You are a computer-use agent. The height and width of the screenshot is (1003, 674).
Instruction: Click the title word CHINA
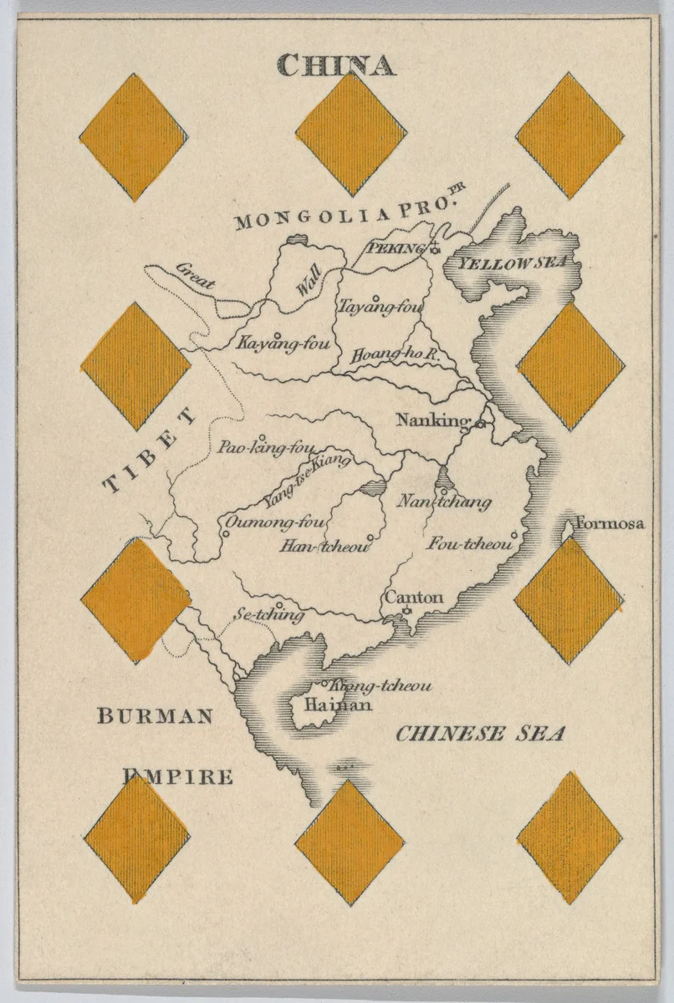tap(335, 64)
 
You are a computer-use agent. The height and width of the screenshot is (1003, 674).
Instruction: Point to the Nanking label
tap(428, 420)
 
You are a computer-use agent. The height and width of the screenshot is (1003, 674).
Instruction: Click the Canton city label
tap(413, 598)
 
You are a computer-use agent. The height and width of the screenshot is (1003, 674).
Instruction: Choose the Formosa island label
tap(610, 524)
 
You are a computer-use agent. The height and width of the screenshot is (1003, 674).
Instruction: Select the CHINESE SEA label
tap(480, 734)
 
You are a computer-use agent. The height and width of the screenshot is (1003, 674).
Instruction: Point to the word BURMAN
tap(156, 716)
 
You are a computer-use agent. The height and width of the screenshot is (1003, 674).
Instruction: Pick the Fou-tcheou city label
tap(469, 544)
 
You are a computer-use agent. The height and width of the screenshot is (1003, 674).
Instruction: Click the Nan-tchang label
tap(443, 501)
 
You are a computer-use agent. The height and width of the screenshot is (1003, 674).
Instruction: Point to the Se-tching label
tap(268, 615)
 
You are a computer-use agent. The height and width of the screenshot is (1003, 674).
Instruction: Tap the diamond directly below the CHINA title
tap(351, 134)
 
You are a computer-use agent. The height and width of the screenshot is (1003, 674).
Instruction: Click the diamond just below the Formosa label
tap(569, 600)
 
